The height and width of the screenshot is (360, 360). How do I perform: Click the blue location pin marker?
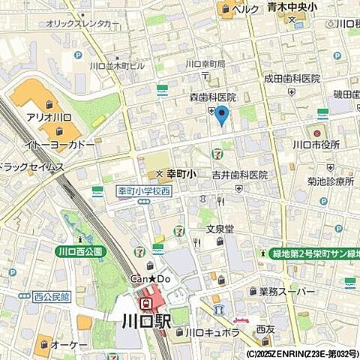(x=221, y=115)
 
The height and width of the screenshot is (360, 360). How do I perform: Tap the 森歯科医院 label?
(x=212, y=97)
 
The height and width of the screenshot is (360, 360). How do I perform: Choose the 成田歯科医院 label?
(x=292, y=79)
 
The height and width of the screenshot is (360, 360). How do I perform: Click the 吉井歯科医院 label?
(x=239, y=175)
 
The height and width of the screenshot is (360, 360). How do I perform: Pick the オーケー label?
(x=69, y=345)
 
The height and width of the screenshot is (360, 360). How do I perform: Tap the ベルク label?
(x=245, y=9)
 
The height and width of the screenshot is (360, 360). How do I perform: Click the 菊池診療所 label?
(x=330, y=181)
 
